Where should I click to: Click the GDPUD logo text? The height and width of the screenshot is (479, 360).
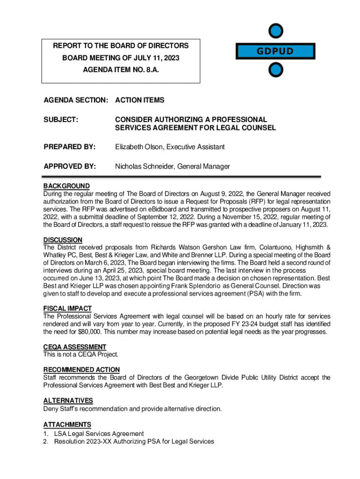(x=274, y=51)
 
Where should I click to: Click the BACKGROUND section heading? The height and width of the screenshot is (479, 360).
(x=66, y=186)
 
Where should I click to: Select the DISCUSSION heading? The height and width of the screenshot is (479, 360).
(x=63, y=240)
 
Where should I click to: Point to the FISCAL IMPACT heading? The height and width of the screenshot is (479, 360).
(x=67, y=309)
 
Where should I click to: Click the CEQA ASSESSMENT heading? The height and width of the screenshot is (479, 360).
(x=75, y=347)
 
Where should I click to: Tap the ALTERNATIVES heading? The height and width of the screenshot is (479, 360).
(x=68, y=400)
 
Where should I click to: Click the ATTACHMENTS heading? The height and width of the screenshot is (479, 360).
(x=67, y=425)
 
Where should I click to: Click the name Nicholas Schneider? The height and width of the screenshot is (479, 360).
(x=146, y=167)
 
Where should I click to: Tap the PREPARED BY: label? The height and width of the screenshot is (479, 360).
(x=69, y=147)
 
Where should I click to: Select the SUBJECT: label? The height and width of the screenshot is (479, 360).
(x=60, y=120)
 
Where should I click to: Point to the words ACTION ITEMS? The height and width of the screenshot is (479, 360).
(x=140, y=100)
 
